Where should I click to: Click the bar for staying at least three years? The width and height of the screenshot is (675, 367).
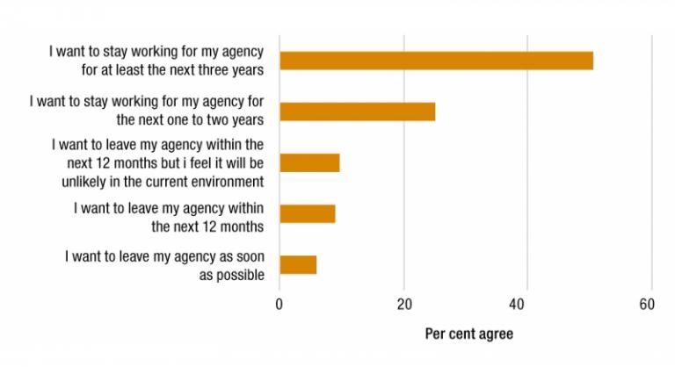click(436, 61)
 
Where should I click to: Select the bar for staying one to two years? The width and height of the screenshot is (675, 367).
click(357, 112)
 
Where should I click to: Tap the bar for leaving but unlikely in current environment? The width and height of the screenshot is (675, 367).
click(309, 162)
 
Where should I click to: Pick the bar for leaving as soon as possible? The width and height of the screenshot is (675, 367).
click(298, 264)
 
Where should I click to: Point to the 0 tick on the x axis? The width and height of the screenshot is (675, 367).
click(279, 305)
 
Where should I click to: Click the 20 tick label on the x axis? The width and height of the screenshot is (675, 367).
click(403, 305)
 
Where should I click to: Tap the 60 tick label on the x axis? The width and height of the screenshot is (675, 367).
click(647, 305)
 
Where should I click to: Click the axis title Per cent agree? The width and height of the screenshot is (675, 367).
click(468, 335)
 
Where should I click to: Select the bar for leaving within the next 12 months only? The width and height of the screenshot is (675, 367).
click(307, 213)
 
